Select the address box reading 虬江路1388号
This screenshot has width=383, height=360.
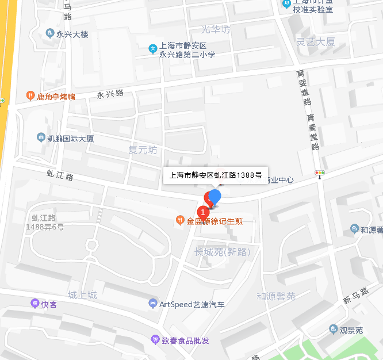(213, 175)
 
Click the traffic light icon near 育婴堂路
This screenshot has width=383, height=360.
(319, 173)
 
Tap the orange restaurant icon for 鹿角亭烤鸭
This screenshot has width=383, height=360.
(30, 95)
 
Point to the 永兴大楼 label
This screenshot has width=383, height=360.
(72, 35)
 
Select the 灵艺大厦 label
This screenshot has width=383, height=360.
(316, 41)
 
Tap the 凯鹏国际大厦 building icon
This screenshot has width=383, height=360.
(41, 138)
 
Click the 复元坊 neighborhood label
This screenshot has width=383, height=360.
(143, 150)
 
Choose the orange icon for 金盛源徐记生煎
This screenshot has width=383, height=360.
(180, 220)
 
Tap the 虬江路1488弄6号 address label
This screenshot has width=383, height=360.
(44, 222)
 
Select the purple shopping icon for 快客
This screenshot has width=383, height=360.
(35, 303)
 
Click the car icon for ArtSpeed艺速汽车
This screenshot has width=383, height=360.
(152, 303)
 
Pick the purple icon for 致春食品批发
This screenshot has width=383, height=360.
(154, 340)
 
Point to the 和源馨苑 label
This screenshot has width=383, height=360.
(276, 296)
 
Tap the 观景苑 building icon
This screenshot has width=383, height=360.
(334, 330)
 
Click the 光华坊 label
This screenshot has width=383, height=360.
(216, 29)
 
